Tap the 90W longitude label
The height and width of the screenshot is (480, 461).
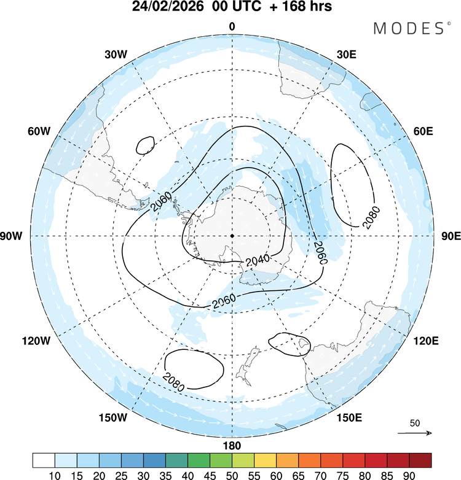pyautogui.click(x=13, y=236)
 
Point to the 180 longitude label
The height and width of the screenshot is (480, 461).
pyautogui.click(x=232, y=445)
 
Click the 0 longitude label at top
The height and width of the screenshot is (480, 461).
pyautogui.click(x=232, y=26)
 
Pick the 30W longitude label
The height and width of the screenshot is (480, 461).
pyautogui.click(x=116, y=54)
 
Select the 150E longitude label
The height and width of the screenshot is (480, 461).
pyautogui.click(x=349, y=418)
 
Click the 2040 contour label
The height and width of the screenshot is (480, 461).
pyautogui.click(x=257, y=261)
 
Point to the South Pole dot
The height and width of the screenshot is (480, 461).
pyautogui.click(x=232, y=236)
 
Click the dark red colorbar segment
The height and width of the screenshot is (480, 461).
pyautogui.click(x=420, y=460)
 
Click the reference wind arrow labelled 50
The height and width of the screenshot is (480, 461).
pyautogui.click(x=415, y=433)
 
